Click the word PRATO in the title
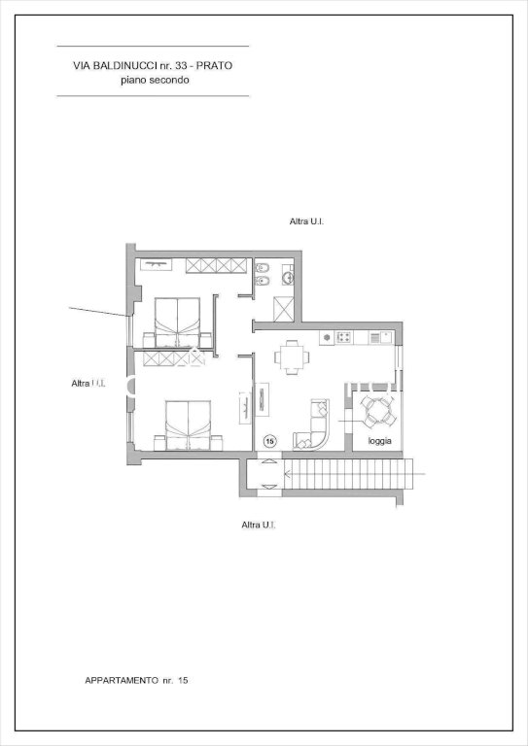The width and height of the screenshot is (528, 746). click(x=214, y=66)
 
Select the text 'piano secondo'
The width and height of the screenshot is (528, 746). click(x=155, y=80)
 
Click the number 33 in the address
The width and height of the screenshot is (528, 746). click(x=182, y=66)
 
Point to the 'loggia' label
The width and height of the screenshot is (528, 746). click(x=380, y=441)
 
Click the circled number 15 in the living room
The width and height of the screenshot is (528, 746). click(x=270, y=441)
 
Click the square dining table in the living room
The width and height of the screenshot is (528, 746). click(x=292, y=356)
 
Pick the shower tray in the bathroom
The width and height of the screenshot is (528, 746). click(x=283, y=309)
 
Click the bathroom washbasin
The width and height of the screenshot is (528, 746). click(x=288, y=277)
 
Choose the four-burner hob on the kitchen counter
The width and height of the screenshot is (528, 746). click(x=344, y=337)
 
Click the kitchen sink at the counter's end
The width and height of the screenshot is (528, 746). click(x=380, y=337)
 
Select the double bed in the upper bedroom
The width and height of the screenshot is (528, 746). click(x=177, y=322)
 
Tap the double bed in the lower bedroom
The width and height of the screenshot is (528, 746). click(x=188, y=425)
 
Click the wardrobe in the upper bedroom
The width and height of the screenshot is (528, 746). click(x=217, y=265)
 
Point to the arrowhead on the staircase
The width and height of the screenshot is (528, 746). click(x=288, y=474)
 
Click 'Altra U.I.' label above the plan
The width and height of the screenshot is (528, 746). click(x=306, y=221)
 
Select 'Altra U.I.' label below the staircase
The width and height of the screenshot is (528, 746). click(x=259, y=525)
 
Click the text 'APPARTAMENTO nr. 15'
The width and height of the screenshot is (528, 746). click(x=136, y=680)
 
